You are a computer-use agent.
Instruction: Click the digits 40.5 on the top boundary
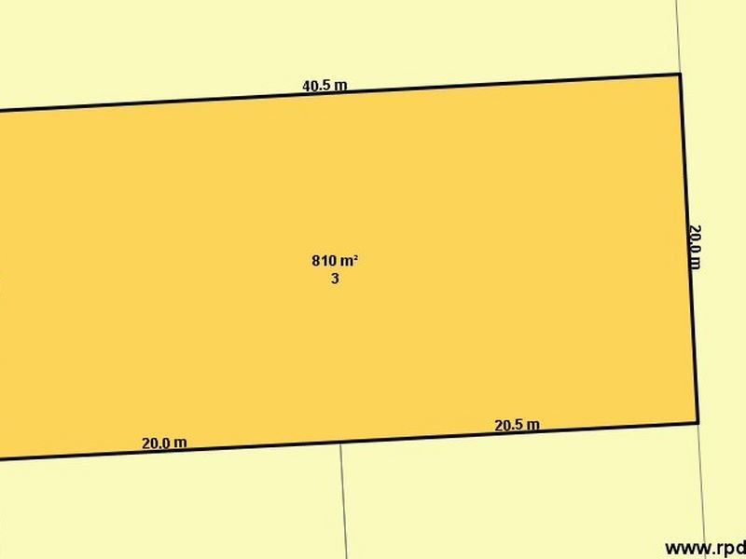point(316,86)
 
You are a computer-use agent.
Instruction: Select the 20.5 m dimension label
point(517,426)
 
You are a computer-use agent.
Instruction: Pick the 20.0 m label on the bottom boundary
point(164,443)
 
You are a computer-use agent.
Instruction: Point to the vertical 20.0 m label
point(694,245)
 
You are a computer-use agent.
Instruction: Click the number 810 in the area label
point(323,261)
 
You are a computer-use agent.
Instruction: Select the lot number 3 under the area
point(335,278)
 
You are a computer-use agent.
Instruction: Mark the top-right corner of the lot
point(679,74)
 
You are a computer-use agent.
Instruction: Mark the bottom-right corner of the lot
point(698,422)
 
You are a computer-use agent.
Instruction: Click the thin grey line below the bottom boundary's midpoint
point(344,503)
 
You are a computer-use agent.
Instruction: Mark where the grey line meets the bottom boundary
point(340,443)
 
